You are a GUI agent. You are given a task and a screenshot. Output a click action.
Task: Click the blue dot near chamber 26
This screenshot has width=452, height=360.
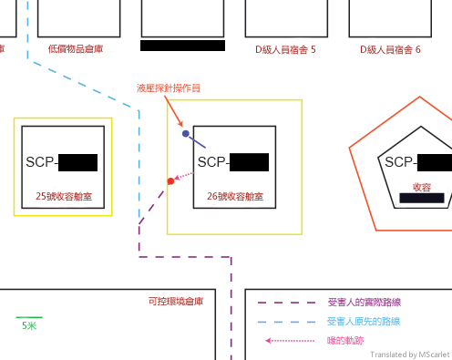186,134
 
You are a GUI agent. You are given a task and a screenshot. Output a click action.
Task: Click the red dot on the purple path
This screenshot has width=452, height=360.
170,181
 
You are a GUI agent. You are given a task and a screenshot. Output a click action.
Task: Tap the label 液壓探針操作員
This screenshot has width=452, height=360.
167,87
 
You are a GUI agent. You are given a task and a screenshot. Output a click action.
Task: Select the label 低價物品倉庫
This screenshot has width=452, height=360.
77,49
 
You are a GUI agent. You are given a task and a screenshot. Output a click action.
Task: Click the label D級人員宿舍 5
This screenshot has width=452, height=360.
285,49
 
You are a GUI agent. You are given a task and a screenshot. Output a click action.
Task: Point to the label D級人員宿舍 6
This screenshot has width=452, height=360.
390,49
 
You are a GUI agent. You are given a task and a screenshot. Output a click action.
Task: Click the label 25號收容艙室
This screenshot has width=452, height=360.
63,196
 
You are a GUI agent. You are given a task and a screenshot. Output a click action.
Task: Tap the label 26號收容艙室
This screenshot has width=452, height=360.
235,196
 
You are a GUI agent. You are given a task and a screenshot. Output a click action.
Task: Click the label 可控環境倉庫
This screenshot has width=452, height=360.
175,301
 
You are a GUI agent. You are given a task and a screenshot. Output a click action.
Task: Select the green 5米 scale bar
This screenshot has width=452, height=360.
29,318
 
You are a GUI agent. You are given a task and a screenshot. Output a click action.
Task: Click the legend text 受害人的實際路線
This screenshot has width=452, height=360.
365,302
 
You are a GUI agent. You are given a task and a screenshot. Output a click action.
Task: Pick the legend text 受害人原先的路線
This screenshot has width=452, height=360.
363,322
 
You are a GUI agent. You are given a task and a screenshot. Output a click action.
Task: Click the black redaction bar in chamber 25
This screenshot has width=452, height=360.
77,163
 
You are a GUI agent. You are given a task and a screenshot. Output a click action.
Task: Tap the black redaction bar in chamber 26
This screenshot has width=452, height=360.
249,163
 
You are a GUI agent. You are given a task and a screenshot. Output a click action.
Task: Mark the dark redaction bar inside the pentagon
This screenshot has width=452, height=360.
428,198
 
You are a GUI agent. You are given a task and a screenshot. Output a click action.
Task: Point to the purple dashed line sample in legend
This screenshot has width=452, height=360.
287,302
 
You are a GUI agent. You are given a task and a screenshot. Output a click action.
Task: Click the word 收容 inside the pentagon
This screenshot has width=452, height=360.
422,186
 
